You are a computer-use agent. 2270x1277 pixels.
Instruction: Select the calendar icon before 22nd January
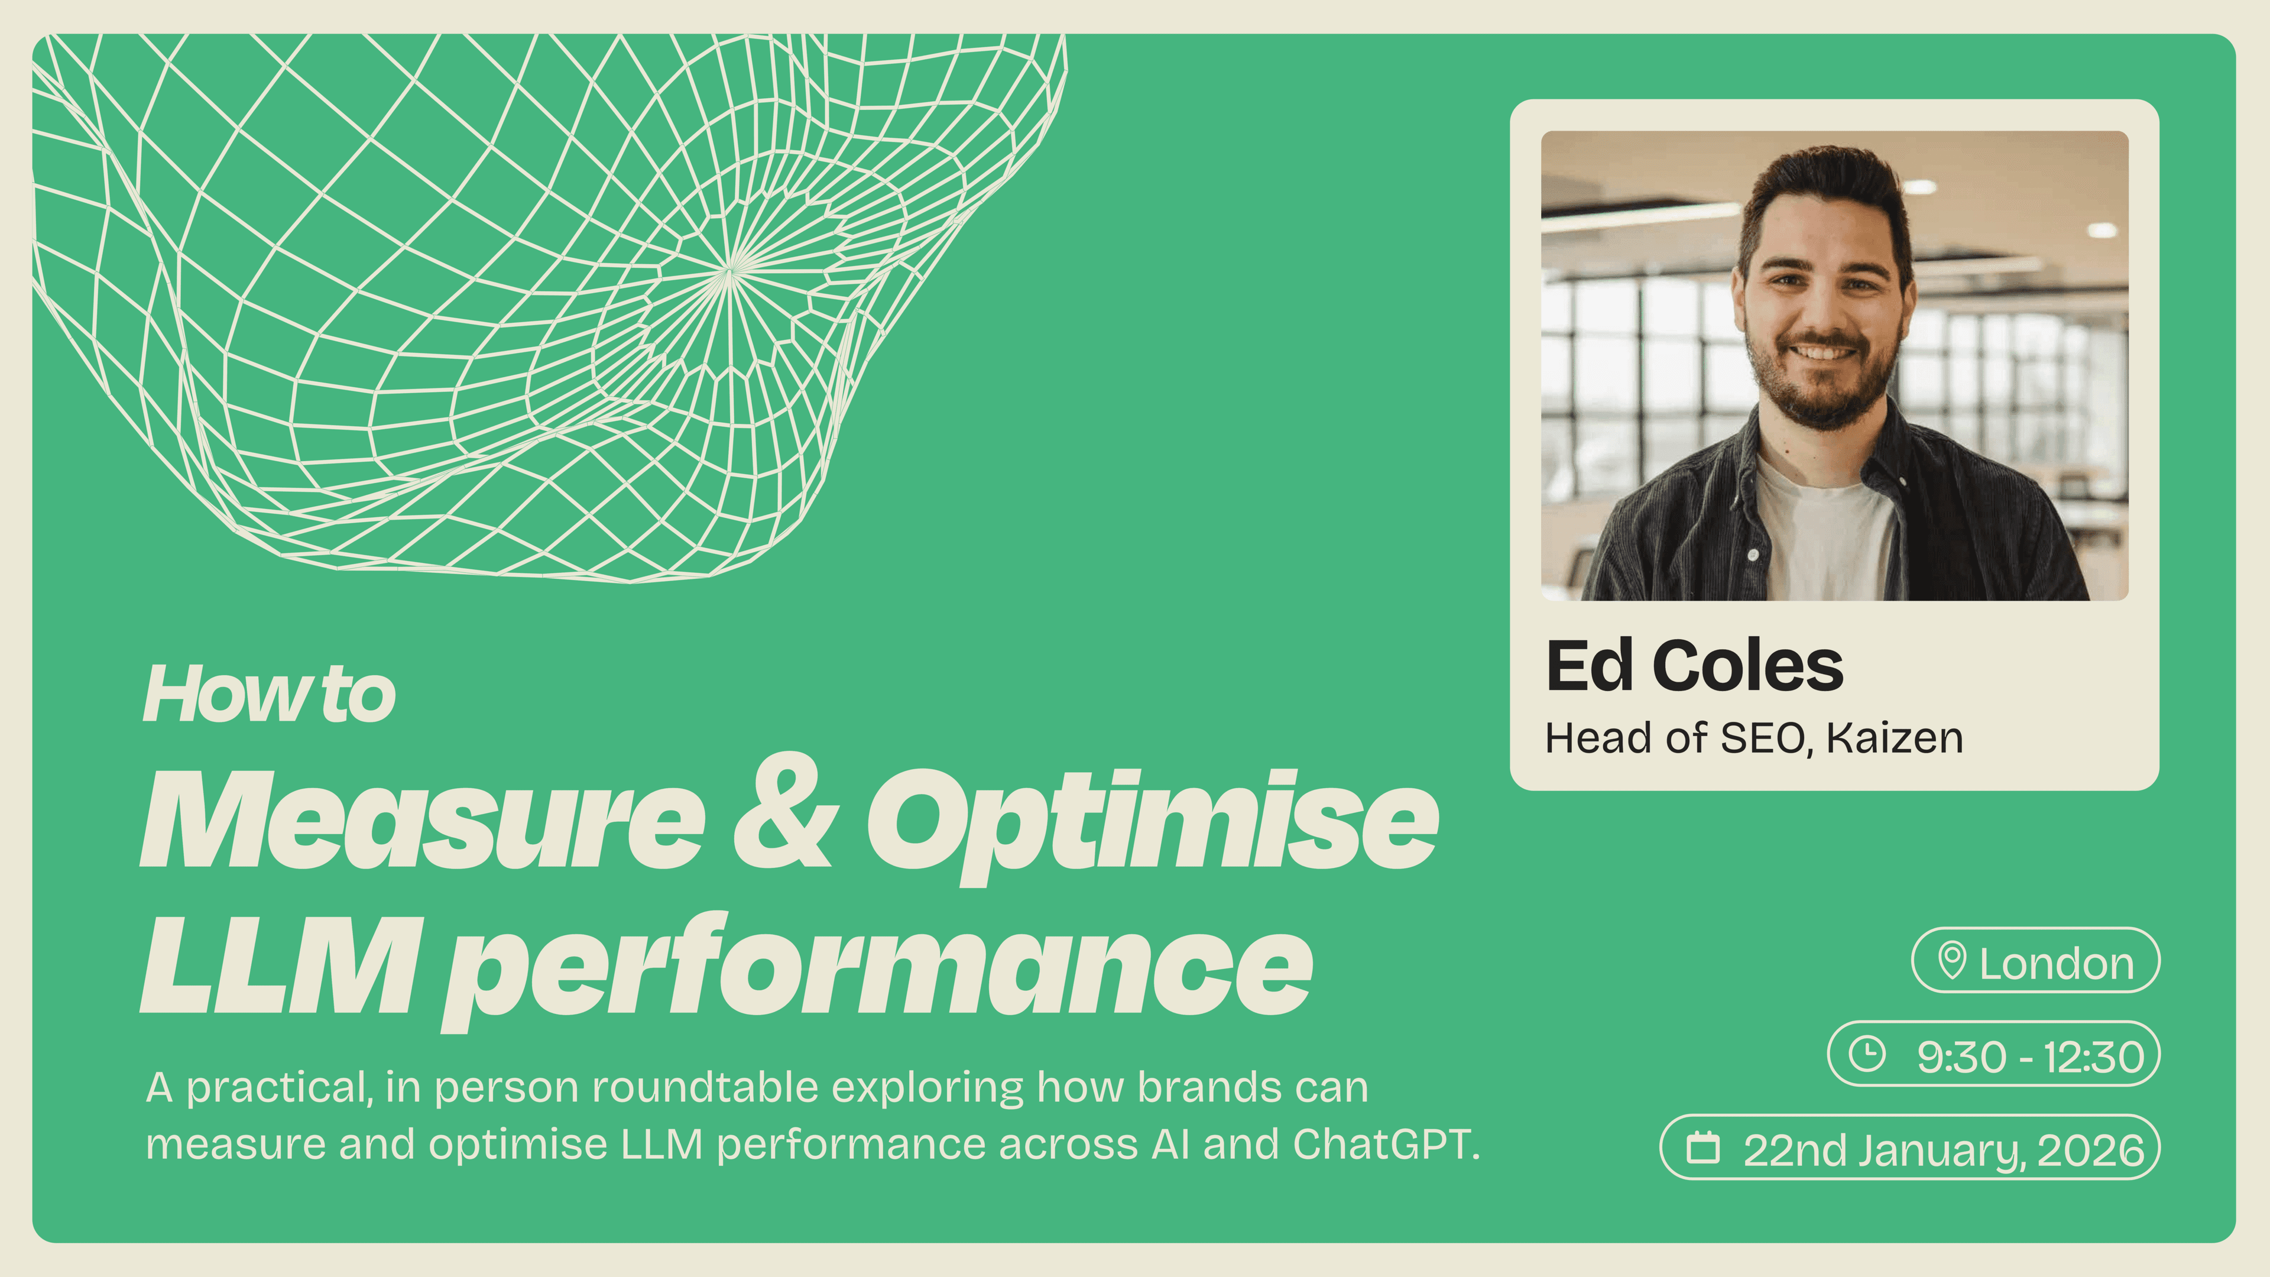pos(1702,1148)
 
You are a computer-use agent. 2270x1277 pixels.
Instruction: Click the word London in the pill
pos(2056,963)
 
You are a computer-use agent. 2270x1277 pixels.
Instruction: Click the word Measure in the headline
pos(423,819)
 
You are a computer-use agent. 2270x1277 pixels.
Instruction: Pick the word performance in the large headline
pos(877,970)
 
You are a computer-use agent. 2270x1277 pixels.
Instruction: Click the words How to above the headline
pos(269,695)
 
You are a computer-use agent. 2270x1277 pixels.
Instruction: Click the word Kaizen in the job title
pos(1895,738)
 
